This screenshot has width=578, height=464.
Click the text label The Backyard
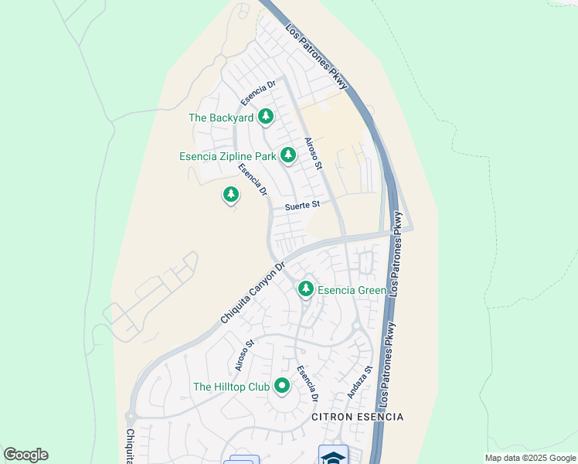point(221,118)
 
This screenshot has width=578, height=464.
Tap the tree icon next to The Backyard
point(267,117)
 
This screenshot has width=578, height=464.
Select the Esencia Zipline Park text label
point(227,156)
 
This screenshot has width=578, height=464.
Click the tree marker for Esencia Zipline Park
point(288,155)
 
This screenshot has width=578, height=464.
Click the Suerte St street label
point(301,206)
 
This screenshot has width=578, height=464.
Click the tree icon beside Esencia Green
point(306,288)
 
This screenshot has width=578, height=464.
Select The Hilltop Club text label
point(231,387)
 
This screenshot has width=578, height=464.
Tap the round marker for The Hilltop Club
point(281,385)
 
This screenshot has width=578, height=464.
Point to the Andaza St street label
point(360,382)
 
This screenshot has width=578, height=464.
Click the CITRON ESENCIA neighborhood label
point(357,417)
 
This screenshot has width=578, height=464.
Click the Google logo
point(25,455)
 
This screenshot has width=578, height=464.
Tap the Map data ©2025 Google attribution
point(531,458)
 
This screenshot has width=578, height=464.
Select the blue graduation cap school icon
point(333,456)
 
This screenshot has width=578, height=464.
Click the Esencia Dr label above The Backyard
point(257,93)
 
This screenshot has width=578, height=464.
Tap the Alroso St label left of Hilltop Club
point(245,354)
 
